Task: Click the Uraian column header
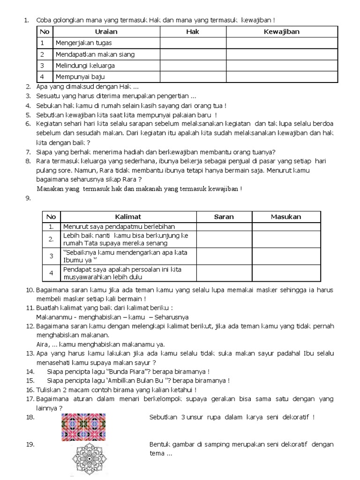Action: [106, 32]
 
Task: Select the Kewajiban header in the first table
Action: [281, 32]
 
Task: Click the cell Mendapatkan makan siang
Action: [95, 54]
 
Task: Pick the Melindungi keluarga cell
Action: [85, 66]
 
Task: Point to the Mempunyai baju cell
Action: [80, 77]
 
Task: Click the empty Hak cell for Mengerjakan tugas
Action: [193, 43]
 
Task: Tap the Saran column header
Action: [224, 217]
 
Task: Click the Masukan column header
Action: [286, 217]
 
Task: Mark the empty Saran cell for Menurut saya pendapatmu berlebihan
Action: [224, 227]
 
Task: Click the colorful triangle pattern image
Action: [83, 427]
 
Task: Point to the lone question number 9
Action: [28, 198]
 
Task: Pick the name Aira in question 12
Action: [42, 344]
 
